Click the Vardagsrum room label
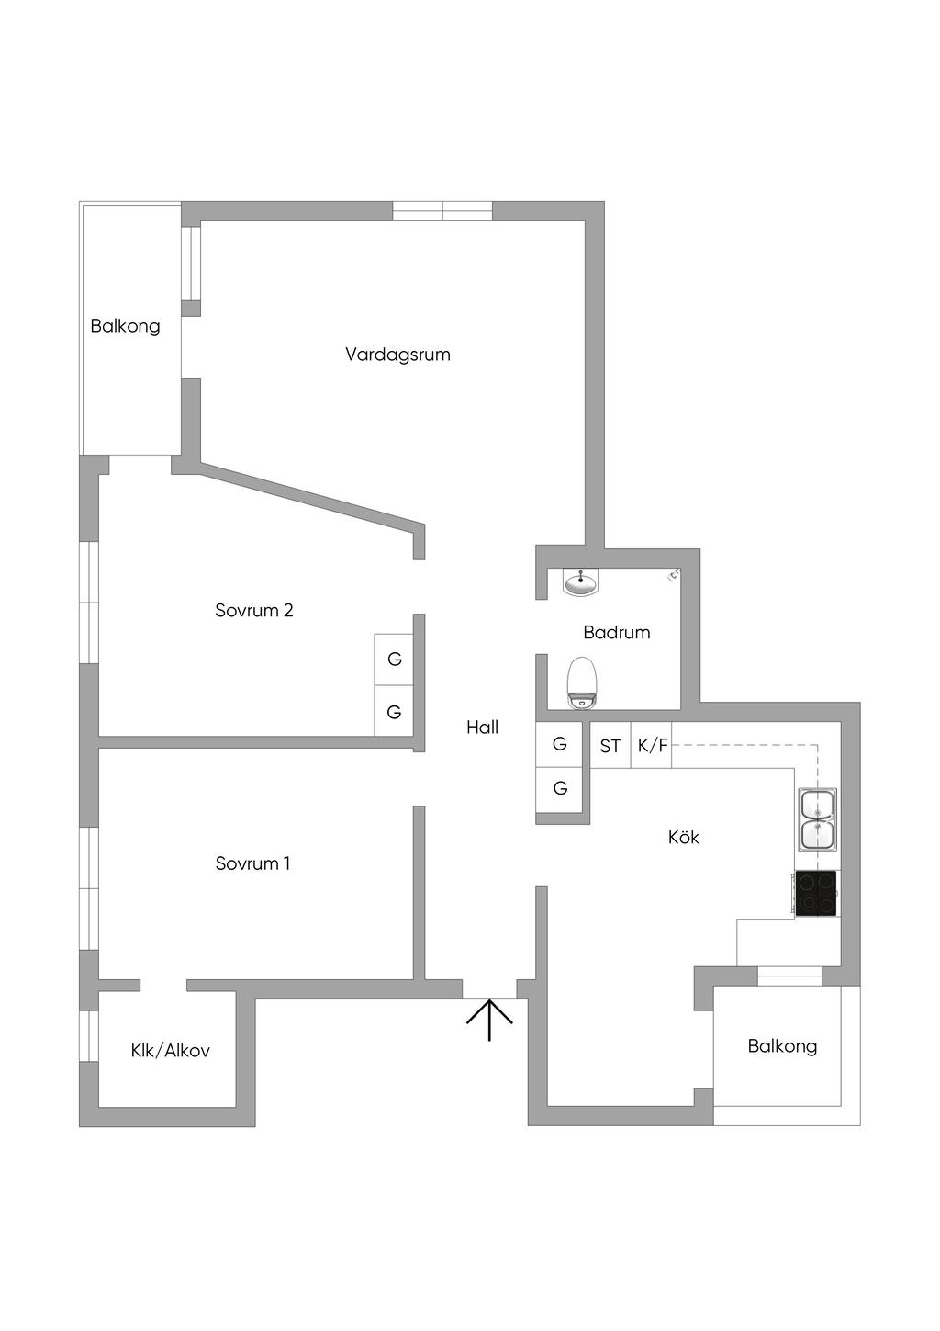pos(397,355)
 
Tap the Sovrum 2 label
pos(254,611)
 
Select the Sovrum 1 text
pos(252,863)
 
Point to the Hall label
pos(482,728)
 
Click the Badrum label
pos(616,632)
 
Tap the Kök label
pos(684,837)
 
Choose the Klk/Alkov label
pos(170,1051)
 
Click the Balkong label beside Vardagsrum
pos(125,326)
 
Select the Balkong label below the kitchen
pos(782,1046)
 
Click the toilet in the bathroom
pos(582,683)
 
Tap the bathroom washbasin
pos(579,581)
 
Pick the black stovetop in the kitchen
pos(816,894)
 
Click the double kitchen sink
pos(816,819)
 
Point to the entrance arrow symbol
pos(489,1019)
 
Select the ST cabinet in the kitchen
pos(610,746)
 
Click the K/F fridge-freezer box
pos(652,746)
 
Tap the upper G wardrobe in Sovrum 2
pos(394,660)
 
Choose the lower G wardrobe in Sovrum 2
pos(394,712)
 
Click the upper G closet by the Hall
pos(560,745)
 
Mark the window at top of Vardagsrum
pos(442,211)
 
